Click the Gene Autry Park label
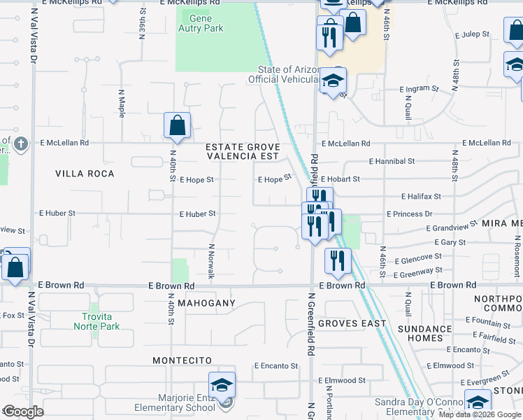click(x=201, y=24)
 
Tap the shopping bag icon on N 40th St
click(x=178, y=126)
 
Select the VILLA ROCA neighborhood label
click(x=85, y=173)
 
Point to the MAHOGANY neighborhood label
click(x=206, y=303)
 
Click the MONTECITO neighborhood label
click(x=182, y=360)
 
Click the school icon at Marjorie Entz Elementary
click(x=222, y=386)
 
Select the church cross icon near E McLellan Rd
click(x=21, y=144)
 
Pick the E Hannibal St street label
click(x=387, y=161)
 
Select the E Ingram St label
click(x=419, y=90)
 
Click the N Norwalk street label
click(x=210, y=261)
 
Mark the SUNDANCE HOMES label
click(x=425, y=333)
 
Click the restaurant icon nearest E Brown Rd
click(x=338, y=261)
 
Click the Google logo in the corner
click(x=23, y=412)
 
